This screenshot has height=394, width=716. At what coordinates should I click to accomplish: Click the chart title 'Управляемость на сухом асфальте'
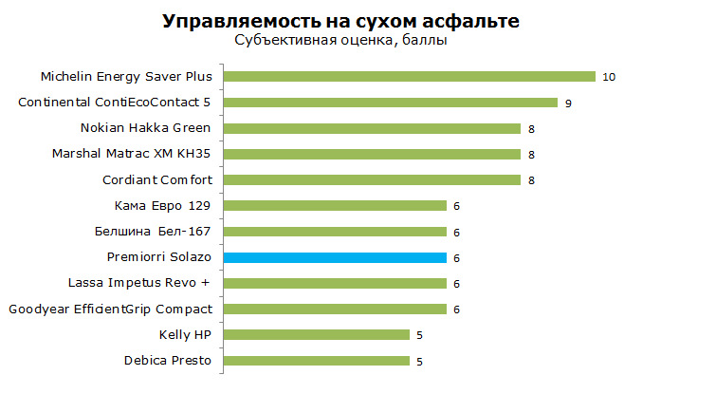tap(340, 22)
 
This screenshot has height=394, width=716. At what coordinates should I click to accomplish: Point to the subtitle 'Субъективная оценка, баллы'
tap(340, 40)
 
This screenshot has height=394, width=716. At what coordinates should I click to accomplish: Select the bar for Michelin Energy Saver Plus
tap(410, 76)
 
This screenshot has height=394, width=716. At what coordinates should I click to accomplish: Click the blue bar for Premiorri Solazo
tap(335, 258)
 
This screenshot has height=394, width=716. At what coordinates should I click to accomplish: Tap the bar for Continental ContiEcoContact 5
tap(391, 103)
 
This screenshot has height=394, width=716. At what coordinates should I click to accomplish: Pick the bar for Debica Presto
tap(317, 361)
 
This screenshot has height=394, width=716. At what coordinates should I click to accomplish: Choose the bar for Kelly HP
tap(317, 335)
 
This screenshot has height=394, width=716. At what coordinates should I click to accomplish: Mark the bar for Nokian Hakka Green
tap(372, 128)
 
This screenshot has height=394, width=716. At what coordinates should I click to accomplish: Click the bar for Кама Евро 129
tap(335, 206)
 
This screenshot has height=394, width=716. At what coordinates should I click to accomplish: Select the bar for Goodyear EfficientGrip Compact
tap(335, 309)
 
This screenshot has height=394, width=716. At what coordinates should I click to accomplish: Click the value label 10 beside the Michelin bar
tap(609, 77)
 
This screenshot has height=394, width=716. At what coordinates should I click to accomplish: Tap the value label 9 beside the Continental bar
tap(568, 103)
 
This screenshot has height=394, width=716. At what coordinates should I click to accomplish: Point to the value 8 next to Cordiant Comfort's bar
tap(531, 180)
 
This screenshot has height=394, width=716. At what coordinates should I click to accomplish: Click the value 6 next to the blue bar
tap(456, 258)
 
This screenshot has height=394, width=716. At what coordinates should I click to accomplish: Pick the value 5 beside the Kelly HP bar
tap(419, 335)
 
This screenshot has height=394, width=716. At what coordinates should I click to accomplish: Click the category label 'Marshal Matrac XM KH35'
tap(131, 154)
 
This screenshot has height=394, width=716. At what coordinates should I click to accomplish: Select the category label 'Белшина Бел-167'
tap(153, 232)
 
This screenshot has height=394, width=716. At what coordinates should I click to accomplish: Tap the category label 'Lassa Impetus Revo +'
tap(139, 283)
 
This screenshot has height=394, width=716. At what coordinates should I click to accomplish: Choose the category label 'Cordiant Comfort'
tap(157, 179)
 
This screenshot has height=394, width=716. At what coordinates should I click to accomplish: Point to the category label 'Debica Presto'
tap(168, 361)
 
